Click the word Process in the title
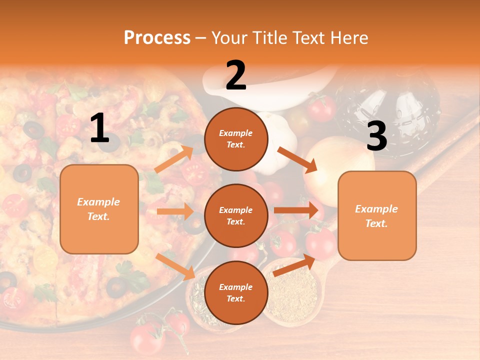(x=157, y=37)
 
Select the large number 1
(x=99, y=128)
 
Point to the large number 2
(x=236, y=75)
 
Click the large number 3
(x=376, y=136)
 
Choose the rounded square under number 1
(x=99, y=209)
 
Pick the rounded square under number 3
(x=377, y=216)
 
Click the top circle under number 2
(x=236, y=139)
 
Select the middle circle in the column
(x=236, y=216)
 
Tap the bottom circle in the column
(x=236, y=292)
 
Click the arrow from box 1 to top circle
(x=174, y=159)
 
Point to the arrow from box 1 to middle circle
(x=175, y=211)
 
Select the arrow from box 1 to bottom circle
(x=175, y=266)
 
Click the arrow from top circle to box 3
(x=297, y=160)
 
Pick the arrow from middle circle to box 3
(x=296, y=210)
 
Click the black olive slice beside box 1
(x=22, y=173)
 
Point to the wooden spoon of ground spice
(x=292, y=295)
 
